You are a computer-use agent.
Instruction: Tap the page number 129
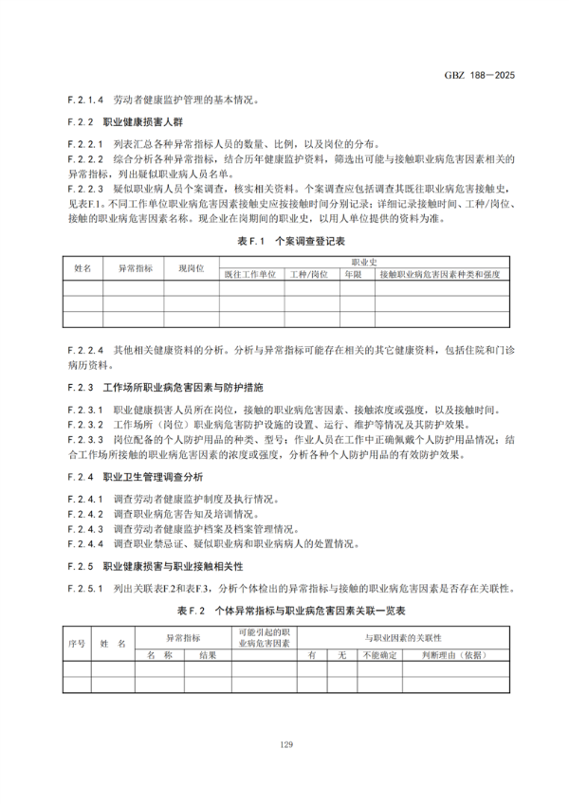[x=285, y=743]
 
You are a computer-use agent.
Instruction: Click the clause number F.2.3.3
[x=85, y=440]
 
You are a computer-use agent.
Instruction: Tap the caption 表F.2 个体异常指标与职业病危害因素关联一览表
[x=285, y=610]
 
